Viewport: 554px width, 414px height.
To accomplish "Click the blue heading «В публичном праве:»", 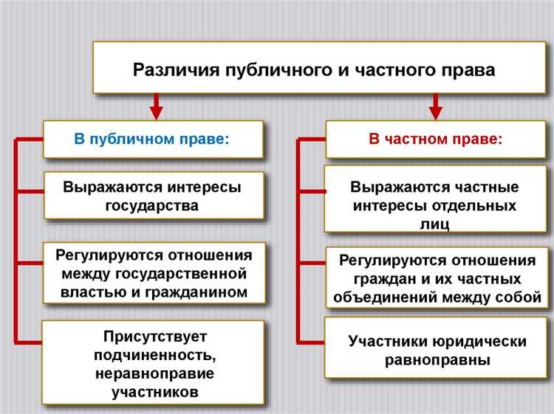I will coord(153,139).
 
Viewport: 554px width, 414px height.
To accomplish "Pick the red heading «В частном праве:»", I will coord(436,139).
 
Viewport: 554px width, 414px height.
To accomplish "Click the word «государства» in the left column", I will coord(153,205).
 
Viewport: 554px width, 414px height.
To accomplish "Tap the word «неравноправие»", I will coord(154,373).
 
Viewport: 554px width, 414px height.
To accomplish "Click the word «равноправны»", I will coord(437,360).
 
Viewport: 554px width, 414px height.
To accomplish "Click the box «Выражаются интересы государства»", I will coord(153,196).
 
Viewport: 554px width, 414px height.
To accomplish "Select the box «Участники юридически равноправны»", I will coord(437,351).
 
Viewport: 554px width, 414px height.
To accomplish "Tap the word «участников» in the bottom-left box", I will coord(154,392).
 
